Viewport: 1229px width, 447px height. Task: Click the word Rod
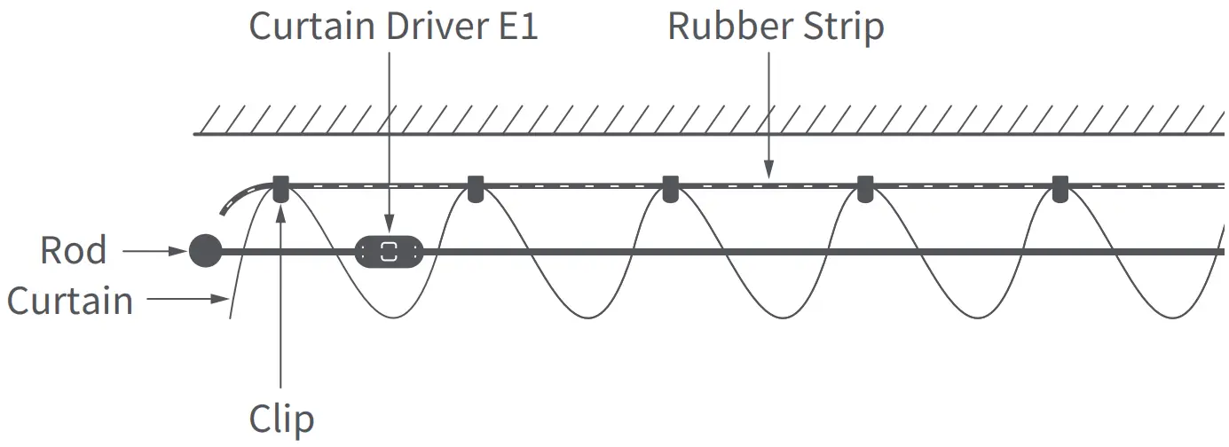click(x=73, y=251)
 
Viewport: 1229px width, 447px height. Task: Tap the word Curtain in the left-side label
click(x=70, y=301)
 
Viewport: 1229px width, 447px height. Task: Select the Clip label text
click(x=281, y=419)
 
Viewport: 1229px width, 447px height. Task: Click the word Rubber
click(x=731, y=27)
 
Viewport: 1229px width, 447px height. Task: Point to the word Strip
click(x=844, y=27)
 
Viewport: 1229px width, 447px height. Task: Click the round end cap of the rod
click(x=205, y=251)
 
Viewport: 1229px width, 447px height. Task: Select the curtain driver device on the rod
click(x=389, y=251)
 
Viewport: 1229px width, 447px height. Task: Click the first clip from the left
click(x=280, y=189)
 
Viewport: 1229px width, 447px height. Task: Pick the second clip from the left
click(x=476, y=189)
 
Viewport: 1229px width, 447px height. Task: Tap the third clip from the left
click(x=670, y=189)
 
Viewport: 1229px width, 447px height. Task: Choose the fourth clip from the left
click(x=865, y=189)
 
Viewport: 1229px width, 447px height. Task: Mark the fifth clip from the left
click(x=1060, y=189)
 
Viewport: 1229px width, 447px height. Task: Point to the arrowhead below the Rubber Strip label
click(x=768, y=169)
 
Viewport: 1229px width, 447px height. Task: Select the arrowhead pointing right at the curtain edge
click(x=222, y=300)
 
